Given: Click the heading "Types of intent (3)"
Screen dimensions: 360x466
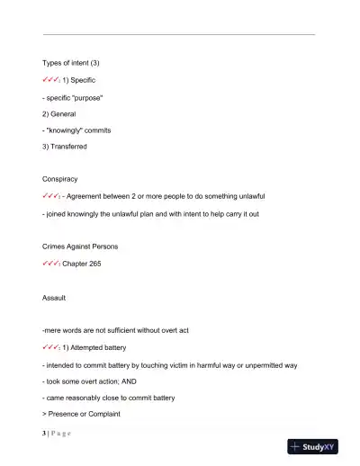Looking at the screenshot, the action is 71,63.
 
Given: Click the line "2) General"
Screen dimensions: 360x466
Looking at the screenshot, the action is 59,114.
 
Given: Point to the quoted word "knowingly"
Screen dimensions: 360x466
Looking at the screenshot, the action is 68,130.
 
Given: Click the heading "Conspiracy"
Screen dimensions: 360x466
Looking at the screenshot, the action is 60,178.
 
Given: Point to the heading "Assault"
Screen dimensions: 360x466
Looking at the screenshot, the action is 54,297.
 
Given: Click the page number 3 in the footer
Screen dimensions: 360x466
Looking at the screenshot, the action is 44,433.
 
